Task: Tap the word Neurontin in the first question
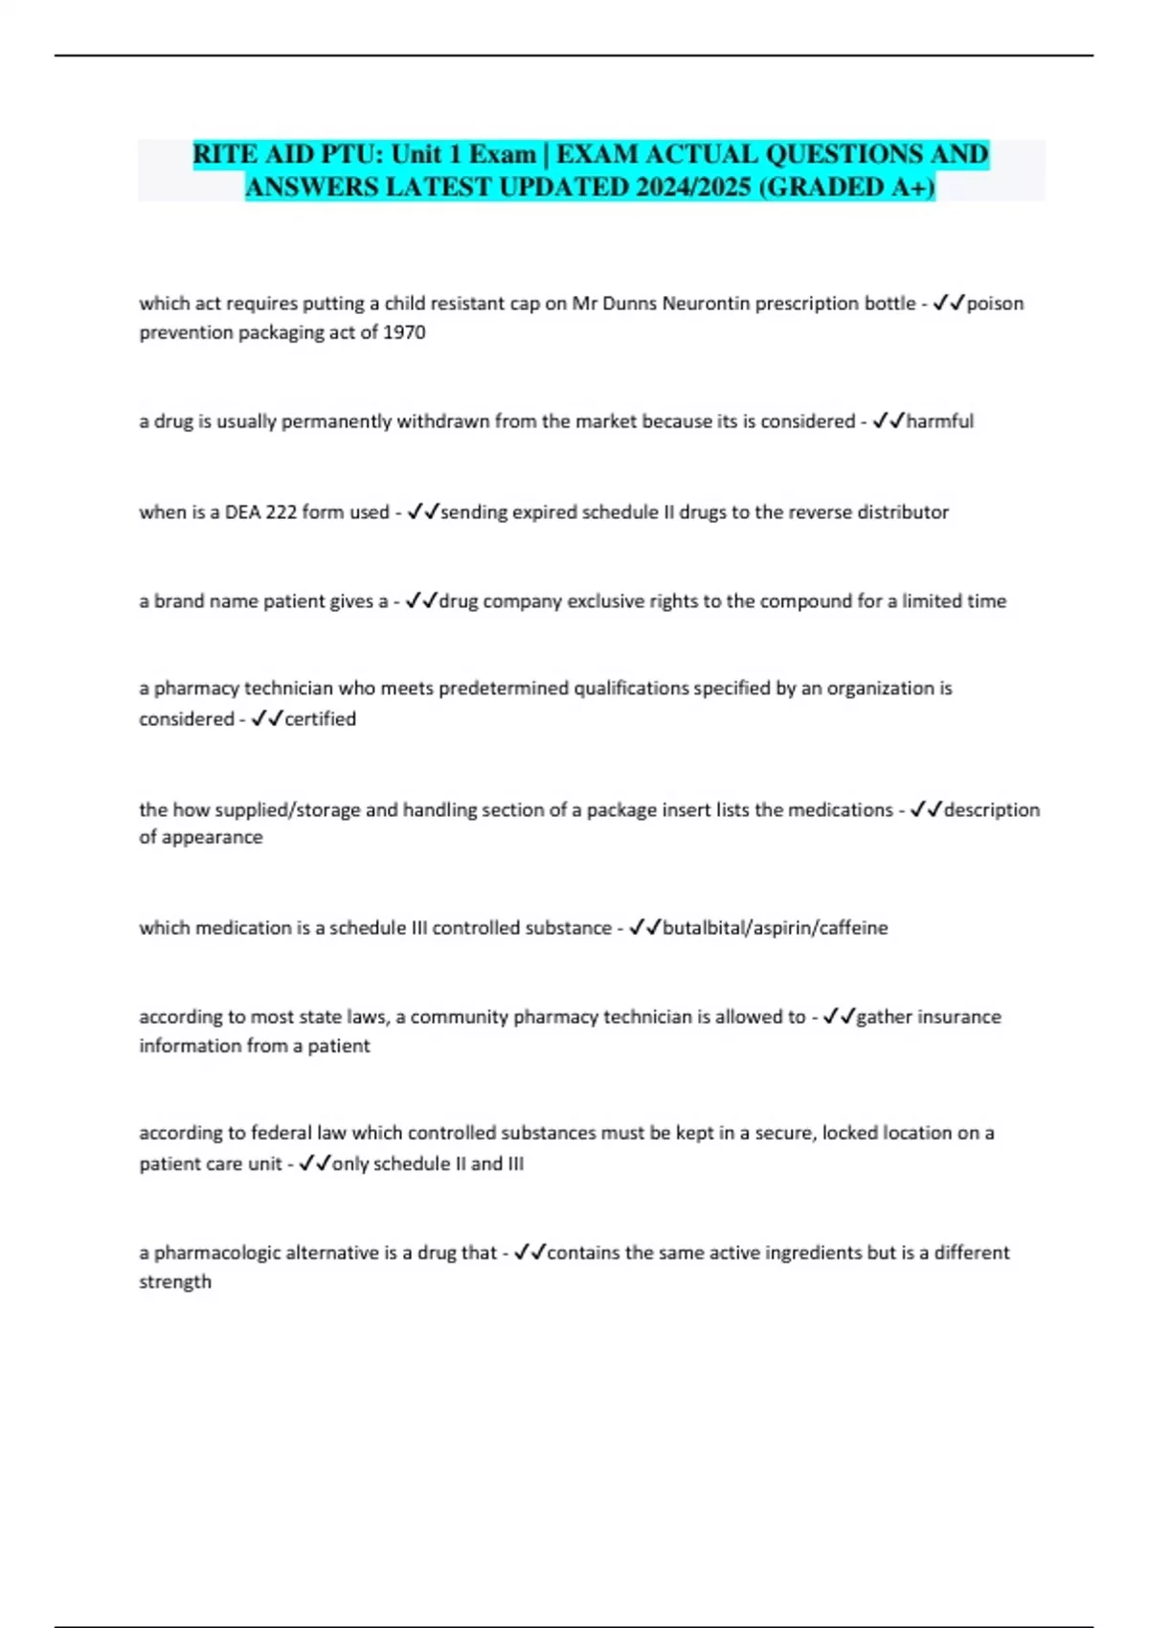click(703, 304)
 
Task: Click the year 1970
click(404, 332)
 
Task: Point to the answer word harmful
click(939, 421)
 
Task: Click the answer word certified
click(320, 719)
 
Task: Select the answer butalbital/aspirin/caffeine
click(775, 928)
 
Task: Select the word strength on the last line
click(175, 1281)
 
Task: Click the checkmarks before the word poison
click(949, 304)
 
